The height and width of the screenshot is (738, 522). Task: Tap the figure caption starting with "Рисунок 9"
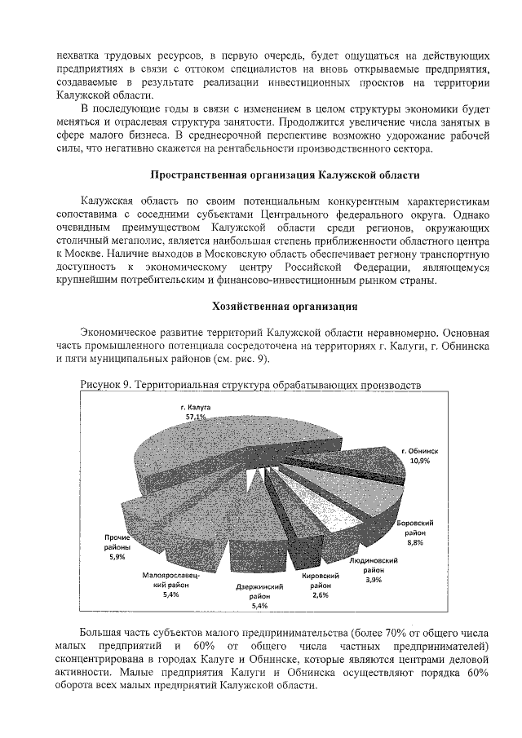click(250, 383)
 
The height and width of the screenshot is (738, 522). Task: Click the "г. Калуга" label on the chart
click(196, 406)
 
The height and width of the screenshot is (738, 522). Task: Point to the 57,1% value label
click(196, 417)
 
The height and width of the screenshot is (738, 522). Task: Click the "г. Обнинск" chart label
click(420, 450)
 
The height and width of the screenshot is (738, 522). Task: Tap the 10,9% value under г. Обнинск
click(420, 460)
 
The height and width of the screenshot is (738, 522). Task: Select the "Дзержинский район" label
click(259, 591)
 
